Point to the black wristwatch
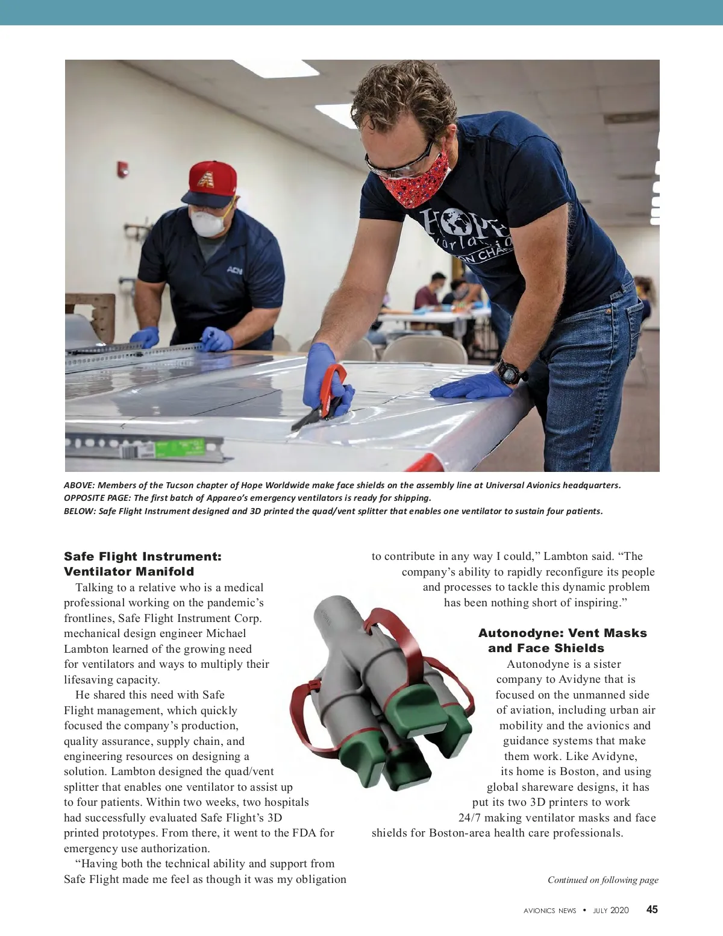tap(510, 371)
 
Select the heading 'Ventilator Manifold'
tap(129, 571)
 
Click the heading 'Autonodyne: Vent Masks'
tap(562, 633)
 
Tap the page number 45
tap(652, 909)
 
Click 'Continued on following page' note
tap(602, 880)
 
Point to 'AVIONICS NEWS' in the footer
tap(549, 911)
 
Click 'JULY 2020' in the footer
tap(610, 911)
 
